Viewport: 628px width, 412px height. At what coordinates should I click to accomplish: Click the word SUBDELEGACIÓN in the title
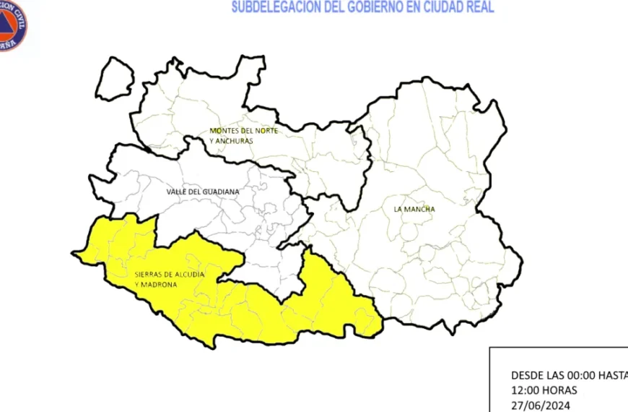275,8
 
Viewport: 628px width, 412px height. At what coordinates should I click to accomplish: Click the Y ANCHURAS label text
232,141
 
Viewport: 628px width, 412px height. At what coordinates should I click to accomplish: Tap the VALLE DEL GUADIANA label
203,192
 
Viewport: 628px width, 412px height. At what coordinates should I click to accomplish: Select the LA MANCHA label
414,210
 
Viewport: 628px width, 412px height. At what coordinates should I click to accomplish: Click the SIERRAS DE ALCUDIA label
170,275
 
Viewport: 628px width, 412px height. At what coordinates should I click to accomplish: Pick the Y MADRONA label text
156,285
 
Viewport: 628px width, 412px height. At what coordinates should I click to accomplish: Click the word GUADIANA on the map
221,192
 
